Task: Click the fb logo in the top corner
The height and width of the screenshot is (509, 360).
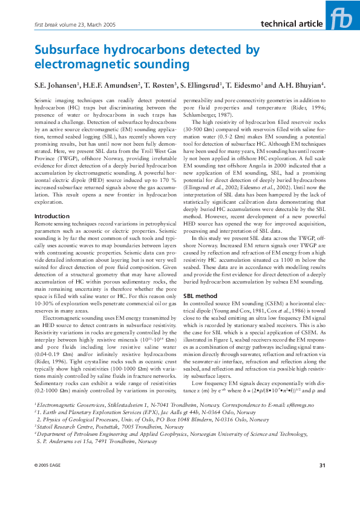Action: (342, 16)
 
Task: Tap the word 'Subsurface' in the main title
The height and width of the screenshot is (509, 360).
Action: (68, 50)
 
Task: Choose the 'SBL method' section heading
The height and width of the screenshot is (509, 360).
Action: (200, 296)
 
